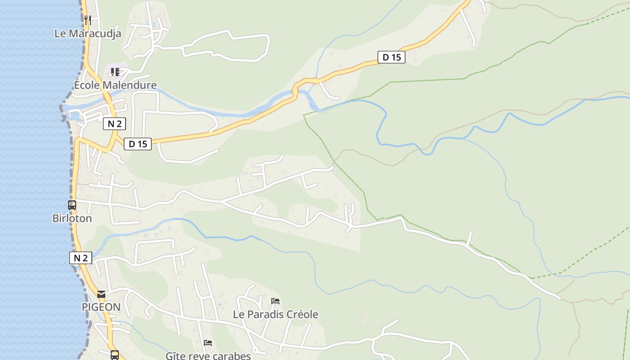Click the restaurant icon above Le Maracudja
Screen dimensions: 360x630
coord(88,20)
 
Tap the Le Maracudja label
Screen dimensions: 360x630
coord(88,33)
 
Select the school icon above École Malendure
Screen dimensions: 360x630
coord(115,72)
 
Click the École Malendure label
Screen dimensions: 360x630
coord(116,85)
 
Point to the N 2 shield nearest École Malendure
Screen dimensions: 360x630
coord(114,124)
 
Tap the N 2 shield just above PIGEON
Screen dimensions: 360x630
coord(81,258)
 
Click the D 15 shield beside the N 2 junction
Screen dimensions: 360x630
coord(138,144)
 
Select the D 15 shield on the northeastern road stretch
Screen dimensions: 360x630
coord(391,57)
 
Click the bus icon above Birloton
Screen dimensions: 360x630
coord(72,205)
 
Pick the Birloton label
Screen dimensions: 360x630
coord(72,218)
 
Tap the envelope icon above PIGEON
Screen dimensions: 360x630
coord(101,294)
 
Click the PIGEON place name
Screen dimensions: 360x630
coord(101,307)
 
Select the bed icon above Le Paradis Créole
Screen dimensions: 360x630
coord(275,301)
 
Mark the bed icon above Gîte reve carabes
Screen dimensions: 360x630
coord(207,343)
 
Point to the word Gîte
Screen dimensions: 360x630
coord(175,356)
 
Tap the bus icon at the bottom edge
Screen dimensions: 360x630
coord(115,355)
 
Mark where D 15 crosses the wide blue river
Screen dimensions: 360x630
coord(295,91)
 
